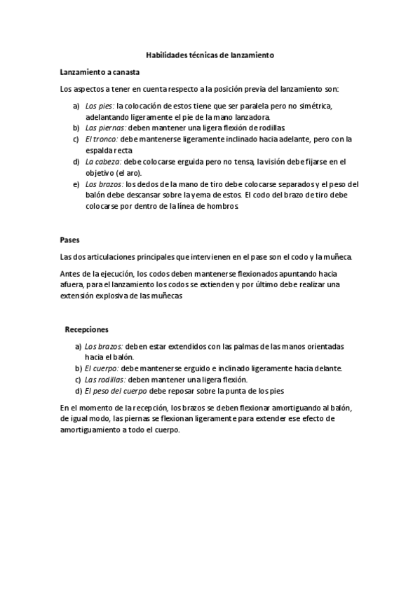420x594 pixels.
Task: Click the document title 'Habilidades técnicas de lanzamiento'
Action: point(210,54)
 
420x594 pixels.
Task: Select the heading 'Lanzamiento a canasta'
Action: point(100,72)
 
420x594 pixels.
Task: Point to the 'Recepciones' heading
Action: point(86,329)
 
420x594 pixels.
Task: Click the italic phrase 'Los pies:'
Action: point(100,106)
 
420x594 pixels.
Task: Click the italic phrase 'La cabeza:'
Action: point(104,162)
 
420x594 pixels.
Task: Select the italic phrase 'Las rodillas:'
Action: point(106,379)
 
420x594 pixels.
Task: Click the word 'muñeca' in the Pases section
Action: point(338,257)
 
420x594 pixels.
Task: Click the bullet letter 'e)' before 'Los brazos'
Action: point(76,184)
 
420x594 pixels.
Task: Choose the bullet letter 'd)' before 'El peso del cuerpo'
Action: point(78,390)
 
